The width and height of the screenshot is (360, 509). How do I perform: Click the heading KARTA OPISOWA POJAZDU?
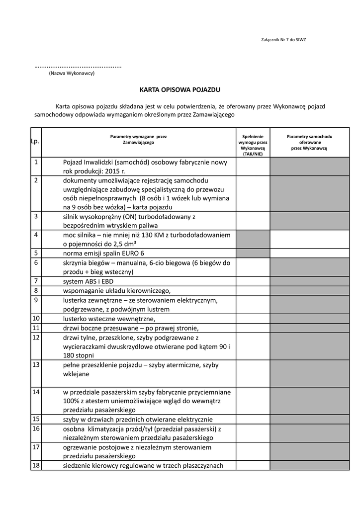(x=180, y=90)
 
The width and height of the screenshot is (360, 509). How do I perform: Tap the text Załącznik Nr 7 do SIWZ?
(x=283, y=39)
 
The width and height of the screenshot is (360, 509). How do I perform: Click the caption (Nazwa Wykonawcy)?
(x=72, y=74)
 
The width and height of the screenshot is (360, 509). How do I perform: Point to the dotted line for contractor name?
(x=78, y=66)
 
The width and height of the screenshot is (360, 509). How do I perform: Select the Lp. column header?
(x=35, y=142)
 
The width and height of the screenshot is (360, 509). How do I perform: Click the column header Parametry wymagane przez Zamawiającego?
(x=138, y=139)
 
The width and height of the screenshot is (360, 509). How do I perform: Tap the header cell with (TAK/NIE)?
(x=253, y=154)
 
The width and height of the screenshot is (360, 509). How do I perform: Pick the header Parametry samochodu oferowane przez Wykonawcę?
(x=309, y=142)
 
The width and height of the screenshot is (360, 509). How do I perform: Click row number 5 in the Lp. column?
(x=36, y=253)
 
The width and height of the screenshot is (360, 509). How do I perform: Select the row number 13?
(x=36, y=365)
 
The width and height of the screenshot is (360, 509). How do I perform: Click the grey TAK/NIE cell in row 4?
(x=253, y=239)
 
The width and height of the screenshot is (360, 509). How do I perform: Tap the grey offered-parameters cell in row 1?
(x=309, y=167)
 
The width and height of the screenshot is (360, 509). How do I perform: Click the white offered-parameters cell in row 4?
(x=309, y=239)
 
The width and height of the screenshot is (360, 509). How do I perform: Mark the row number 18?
(x=36, y=465)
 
